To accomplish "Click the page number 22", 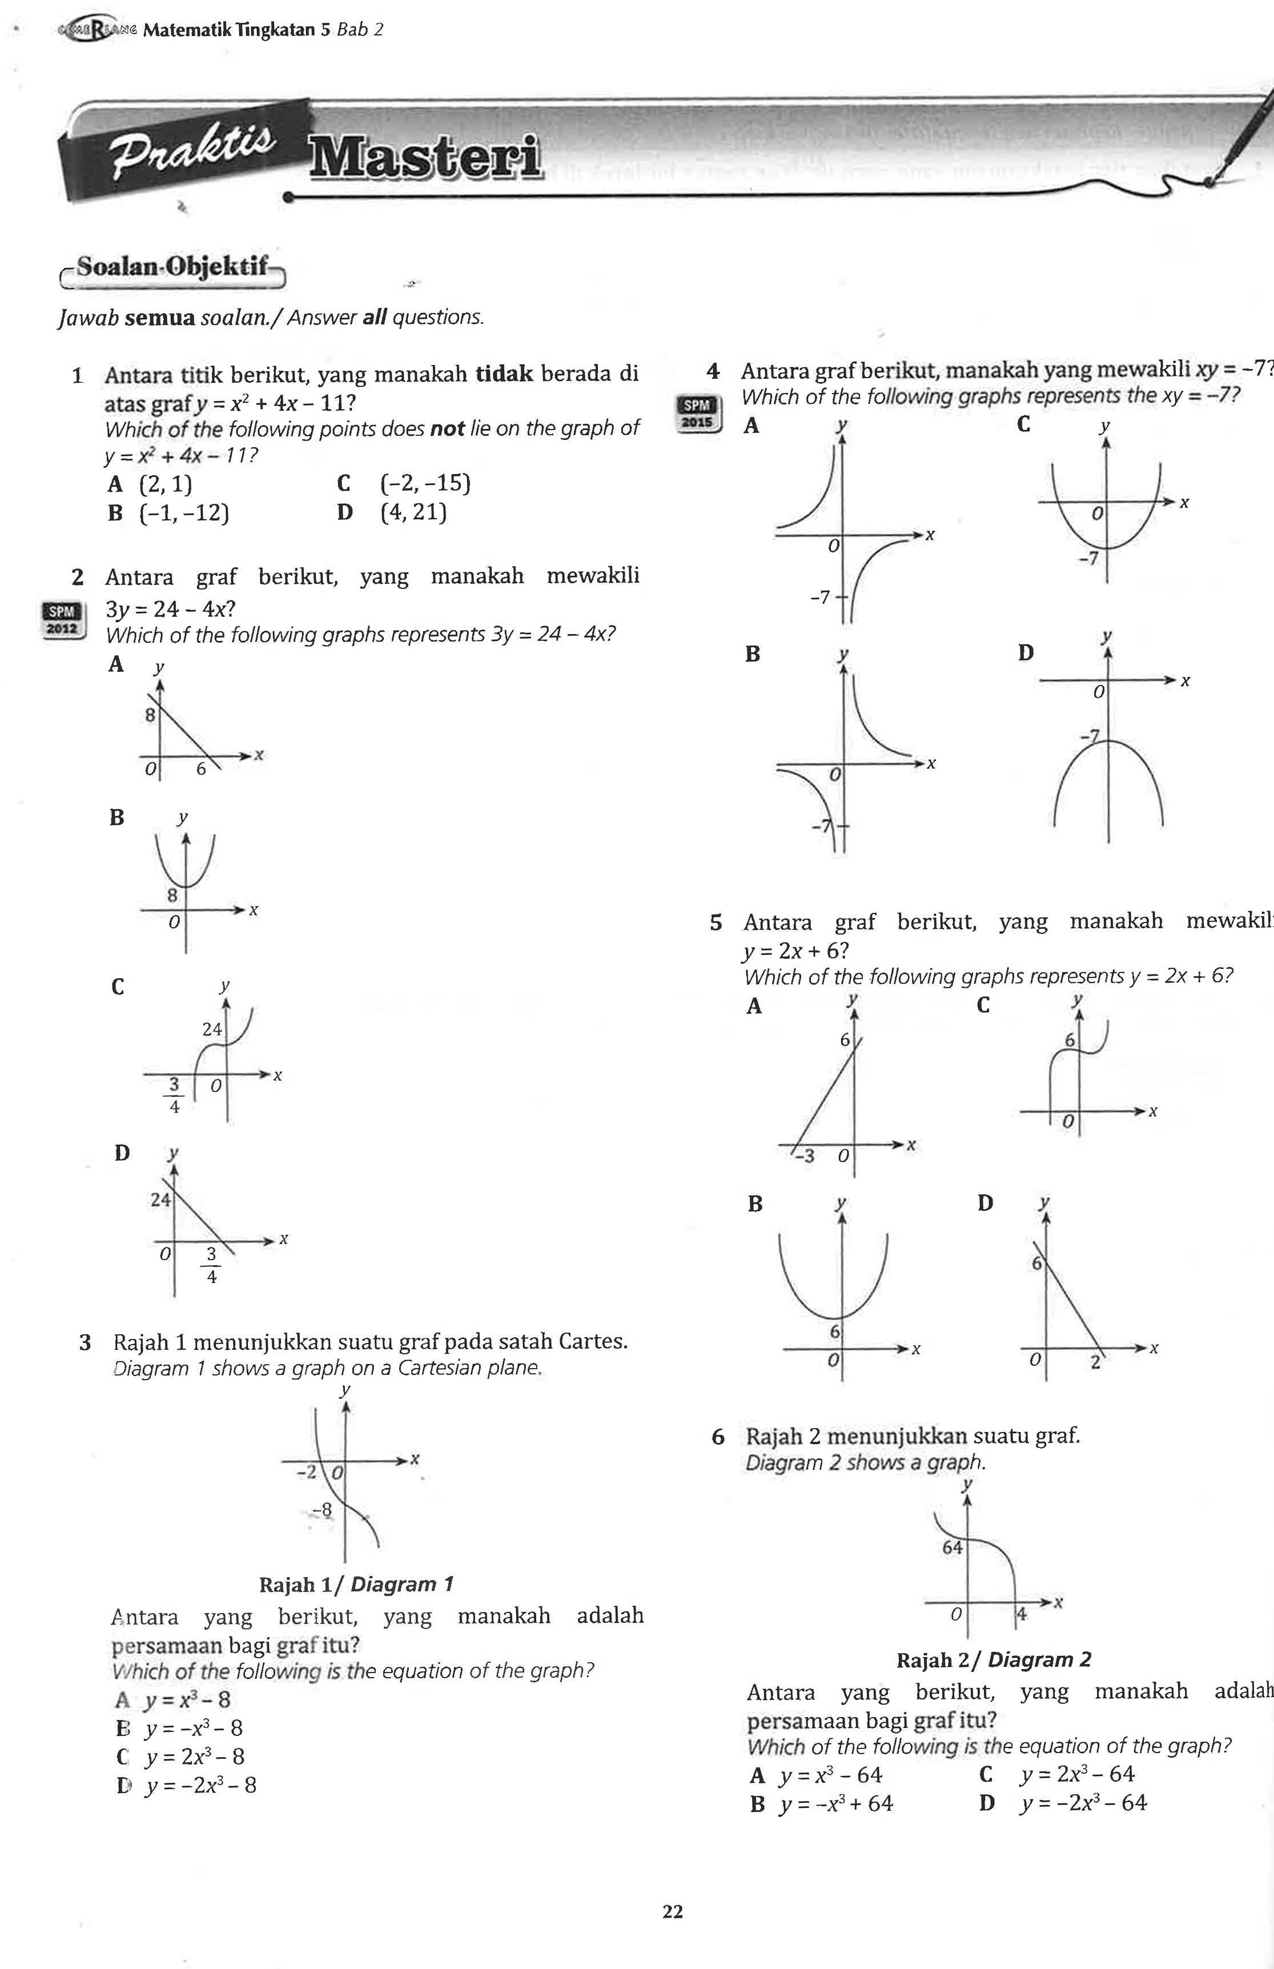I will (x=673, y=1911).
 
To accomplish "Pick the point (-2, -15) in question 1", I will (x=425, y=483).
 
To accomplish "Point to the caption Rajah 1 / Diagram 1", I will (x=356, y=1585).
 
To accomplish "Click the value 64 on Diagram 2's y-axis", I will (x=952, y=1547).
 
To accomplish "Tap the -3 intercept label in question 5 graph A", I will (x=804, y=1156).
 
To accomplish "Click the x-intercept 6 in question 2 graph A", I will (x=201, y=768).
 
